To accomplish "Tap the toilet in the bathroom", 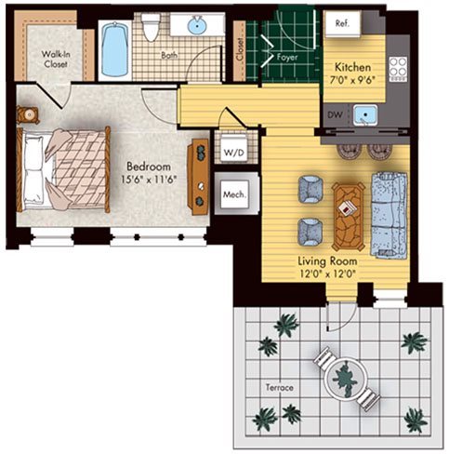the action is point(150,27).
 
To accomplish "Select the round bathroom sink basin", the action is point(198,26).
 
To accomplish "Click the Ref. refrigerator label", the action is point(342,23).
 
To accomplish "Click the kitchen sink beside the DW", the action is point(365,115).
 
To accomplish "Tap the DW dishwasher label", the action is point(336,114).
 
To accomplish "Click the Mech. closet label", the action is point(235,194).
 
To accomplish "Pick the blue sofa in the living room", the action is point(390,215).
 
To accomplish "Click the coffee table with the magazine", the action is point(349,216).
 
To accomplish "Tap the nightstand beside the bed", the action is point(28,115).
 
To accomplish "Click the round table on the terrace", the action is point(347,379).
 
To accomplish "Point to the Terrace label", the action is point(280,388).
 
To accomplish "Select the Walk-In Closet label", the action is point(56,60).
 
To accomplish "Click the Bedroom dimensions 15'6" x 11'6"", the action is point(149,180).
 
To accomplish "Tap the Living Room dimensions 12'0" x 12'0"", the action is point(327,274).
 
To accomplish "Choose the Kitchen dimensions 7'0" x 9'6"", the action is point(352,80).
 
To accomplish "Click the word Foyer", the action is point(287,58).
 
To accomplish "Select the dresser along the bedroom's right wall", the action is point(198,177).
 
